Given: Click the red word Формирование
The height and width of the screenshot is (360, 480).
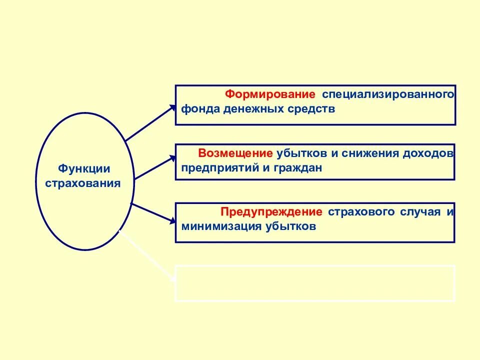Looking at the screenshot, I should coord(270,94).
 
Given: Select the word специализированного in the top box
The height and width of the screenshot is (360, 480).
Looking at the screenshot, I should coord(388,94).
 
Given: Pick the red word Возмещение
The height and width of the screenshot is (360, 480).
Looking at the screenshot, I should coord(235,153).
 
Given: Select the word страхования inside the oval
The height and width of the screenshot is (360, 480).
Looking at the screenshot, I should coord(83,183).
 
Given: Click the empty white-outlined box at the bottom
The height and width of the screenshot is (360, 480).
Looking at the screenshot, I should coord(315,283).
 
